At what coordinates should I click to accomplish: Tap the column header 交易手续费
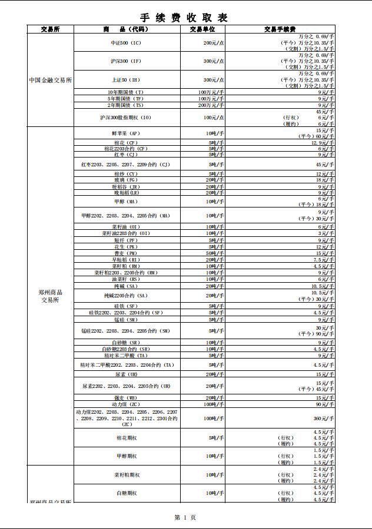pos(280,29)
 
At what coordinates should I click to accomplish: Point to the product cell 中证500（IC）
pos(126,43)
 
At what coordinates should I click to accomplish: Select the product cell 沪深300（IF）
pos(126,61)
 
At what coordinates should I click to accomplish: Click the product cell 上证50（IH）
pos(126,80)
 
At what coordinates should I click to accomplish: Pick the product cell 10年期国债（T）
pos(125,92)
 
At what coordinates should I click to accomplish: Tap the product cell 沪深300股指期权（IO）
pos(125,118)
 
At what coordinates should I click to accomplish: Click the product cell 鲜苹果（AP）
pos(125,133)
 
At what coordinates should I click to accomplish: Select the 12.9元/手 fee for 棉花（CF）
pos(323,143)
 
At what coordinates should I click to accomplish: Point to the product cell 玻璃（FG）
pos(125,180)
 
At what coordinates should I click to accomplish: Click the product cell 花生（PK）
pos(125,247)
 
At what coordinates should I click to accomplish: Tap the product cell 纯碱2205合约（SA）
pos(125,296)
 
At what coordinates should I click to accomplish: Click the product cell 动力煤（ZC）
pos(125,404)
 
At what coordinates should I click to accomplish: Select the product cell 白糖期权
pos(127,493)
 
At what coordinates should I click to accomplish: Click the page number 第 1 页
pos(185,517)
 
